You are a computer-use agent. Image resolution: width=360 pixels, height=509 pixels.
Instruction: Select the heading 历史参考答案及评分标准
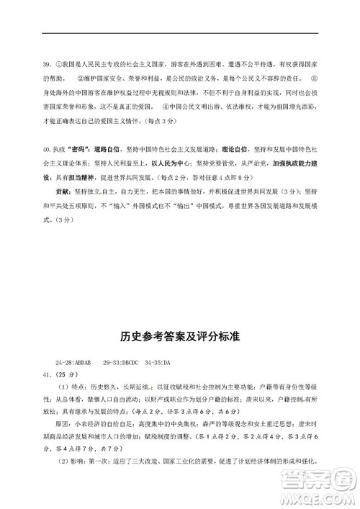(x=179, y=336)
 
